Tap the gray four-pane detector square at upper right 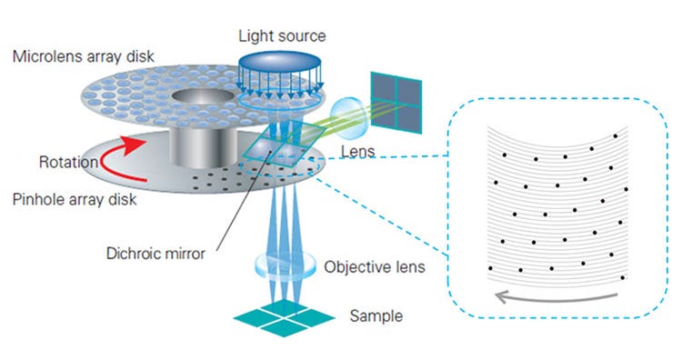coord(396,97)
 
